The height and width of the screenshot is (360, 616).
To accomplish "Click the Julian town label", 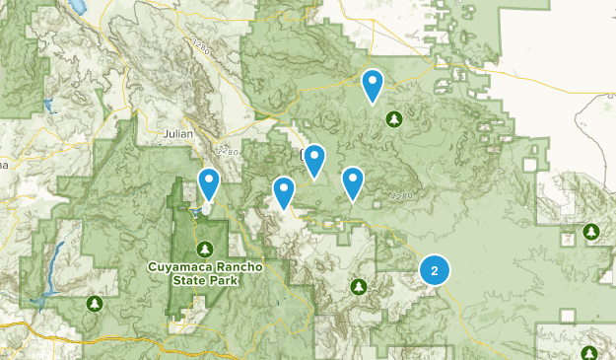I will click(179, 131).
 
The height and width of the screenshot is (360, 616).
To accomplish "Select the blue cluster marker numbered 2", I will click(435, 269).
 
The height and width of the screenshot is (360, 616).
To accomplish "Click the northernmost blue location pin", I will click(373, 86).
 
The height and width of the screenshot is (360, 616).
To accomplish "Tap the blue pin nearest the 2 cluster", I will click(353, 182).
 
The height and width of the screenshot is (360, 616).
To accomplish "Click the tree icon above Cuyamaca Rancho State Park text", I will click(206, 247).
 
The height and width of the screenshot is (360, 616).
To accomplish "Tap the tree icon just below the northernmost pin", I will click(394, 119).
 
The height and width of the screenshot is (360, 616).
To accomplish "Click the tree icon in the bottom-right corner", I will click(589, 353).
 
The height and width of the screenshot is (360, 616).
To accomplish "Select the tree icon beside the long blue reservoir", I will click(94, 303).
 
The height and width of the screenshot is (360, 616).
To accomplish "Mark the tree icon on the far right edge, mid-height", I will click(590, 231).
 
